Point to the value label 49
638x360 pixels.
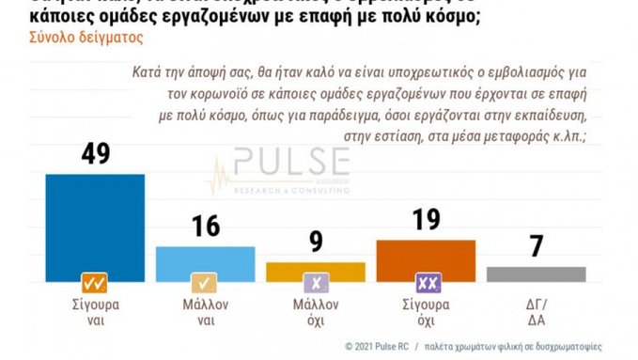tap(94, 155)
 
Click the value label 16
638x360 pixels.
tap(205, 227)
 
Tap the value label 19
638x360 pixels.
tap(425, 221)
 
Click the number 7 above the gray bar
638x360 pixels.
tap(536, 248)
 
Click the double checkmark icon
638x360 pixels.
tap(94, 282)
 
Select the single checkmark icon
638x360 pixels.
tap(205, 282)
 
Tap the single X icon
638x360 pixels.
tap(315, 282)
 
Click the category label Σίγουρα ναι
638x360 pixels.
tap(95, 312)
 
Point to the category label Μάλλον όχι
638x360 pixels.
tap(316, 312)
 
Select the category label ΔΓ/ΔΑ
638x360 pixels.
tap(537, 312)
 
